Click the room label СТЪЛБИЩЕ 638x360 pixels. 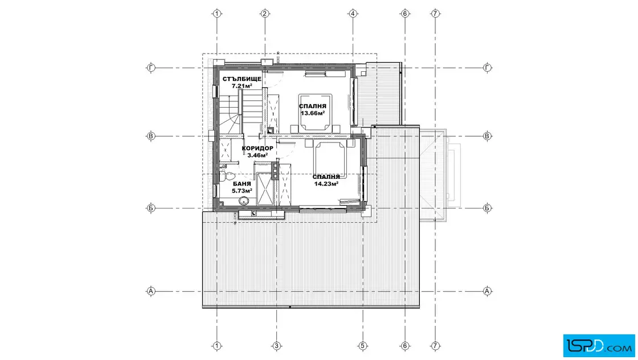(242, 79)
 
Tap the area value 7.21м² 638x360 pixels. (242, 86)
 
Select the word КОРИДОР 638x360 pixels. (257, 149)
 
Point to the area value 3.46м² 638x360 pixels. (257, 155)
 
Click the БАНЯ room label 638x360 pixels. (242, 184)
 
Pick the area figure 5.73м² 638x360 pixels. (242, 190)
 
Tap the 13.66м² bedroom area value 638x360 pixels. (313, 113)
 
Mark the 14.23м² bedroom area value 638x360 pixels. (326, 183)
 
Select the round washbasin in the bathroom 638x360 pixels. (244, 201)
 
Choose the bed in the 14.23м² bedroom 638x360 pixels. (330, 159)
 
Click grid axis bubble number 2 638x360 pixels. (265, 14)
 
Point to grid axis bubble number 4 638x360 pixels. (353, 14)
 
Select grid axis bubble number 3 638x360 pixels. (277, 346)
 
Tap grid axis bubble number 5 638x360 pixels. (362, 346)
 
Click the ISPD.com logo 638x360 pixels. (599, 346)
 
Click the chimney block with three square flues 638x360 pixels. (275, 171)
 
